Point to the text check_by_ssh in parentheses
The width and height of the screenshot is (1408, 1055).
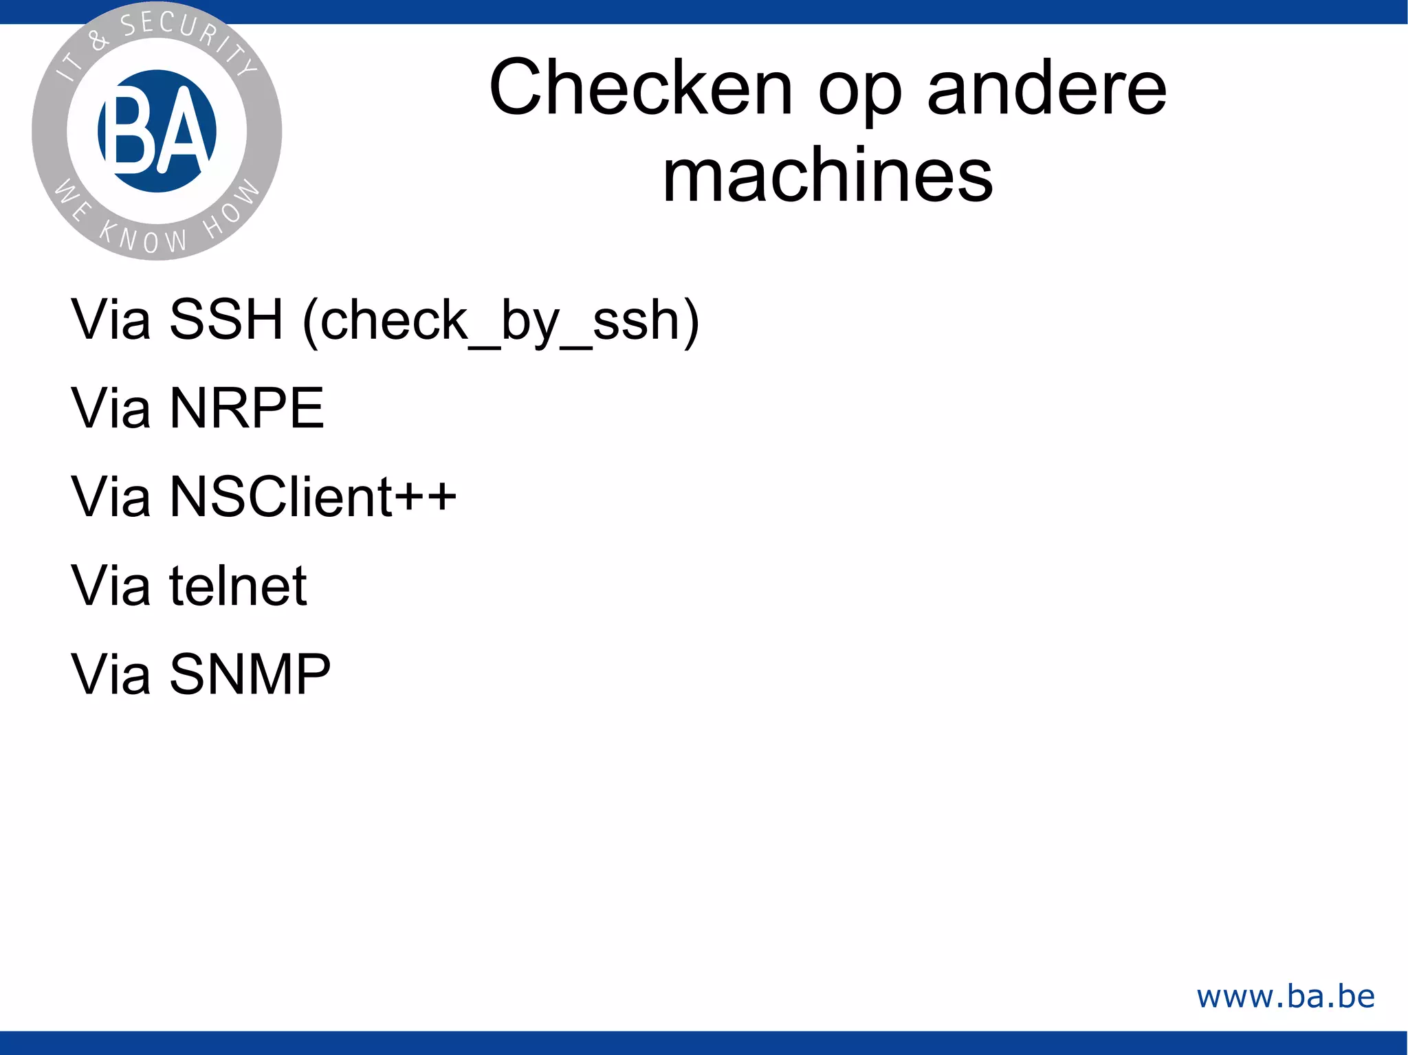[x=500, y=320]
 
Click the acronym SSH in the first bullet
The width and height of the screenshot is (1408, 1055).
[x=226, y=320]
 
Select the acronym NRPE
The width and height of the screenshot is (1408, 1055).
[x=247, y=408]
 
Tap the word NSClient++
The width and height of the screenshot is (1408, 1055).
[x=313, y=496]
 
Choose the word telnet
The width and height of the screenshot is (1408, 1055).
[x=238, y=586]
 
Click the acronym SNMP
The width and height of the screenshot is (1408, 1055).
[x=250, y=674]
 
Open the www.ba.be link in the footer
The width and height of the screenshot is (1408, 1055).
[x=1286, y=996]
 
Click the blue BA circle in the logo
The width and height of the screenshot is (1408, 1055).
[x=157, y=131]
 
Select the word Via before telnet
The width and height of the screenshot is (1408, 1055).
[x=111, y=586]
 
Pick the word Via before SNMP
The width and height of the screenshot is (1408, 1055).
[x=111, y=674]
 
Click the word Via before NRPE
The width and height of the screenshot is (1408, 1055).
[x=111, y=408]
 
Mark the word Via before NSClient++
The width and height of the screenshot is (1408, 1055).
[x=111, y=496]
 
